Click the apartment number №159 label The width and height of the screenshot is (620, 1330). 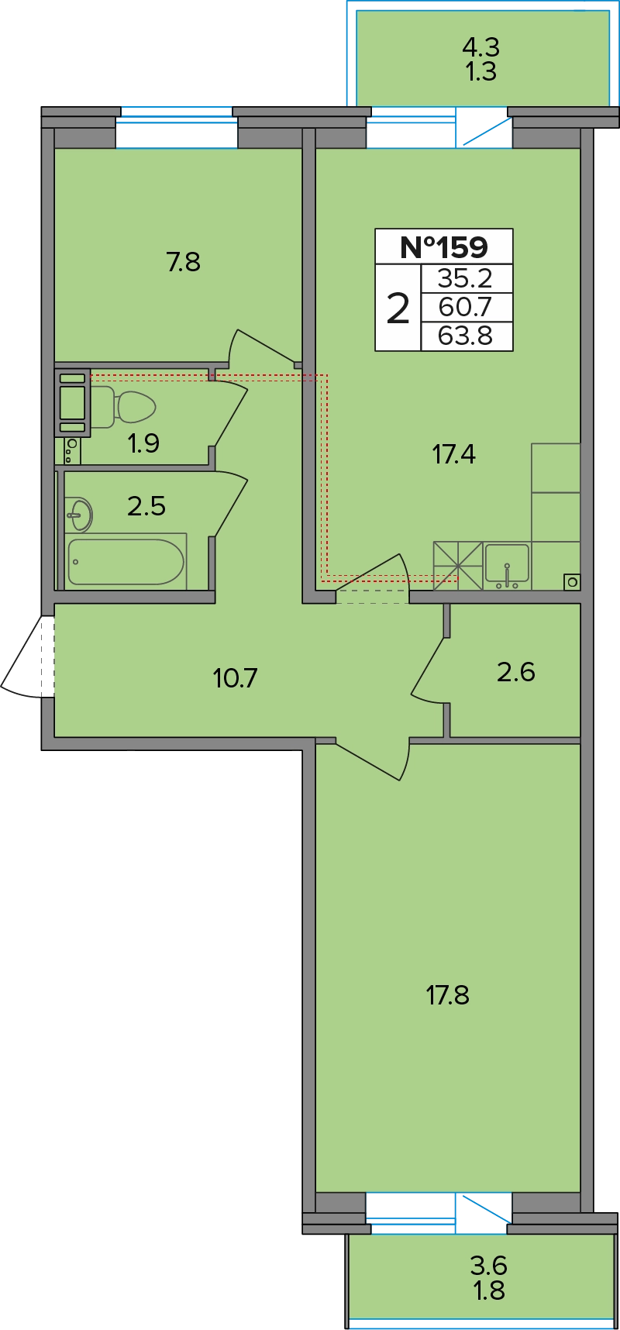[444, 247]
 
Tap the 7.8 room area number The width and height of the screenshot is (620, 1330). [184, 262]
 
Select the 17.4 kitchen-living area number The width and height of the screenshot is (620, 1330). [454, 453]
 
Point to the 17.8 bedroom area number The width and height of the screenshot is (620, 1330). [448, 994]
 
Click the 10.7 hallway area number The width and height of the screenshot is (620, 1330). [235, 678]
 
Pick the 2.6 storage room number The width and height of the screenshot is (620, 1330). [516, 671]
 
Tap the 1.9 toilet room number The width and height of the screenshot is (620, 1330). [143, 443]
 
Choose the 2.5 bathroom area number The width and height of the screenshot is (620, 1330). [146, 506]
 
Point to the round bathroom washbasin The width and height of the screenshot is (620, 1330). [78, 515]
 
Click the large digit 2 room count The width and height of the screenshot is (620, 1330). [398, 308]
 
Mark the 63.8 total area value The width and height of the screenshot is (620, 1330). [465, 336]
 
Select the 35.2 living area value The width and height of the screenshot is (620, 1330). [465, 278]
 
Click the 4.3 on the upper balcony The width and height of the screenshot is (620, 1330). [480, 47]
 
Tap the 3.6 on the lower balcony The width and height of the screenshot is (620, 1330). [489, 1266]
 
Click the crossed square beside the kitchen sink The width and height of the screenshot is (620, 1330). [458, 566]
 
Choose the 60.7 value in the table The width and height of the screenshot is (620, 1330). [465, 308]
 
